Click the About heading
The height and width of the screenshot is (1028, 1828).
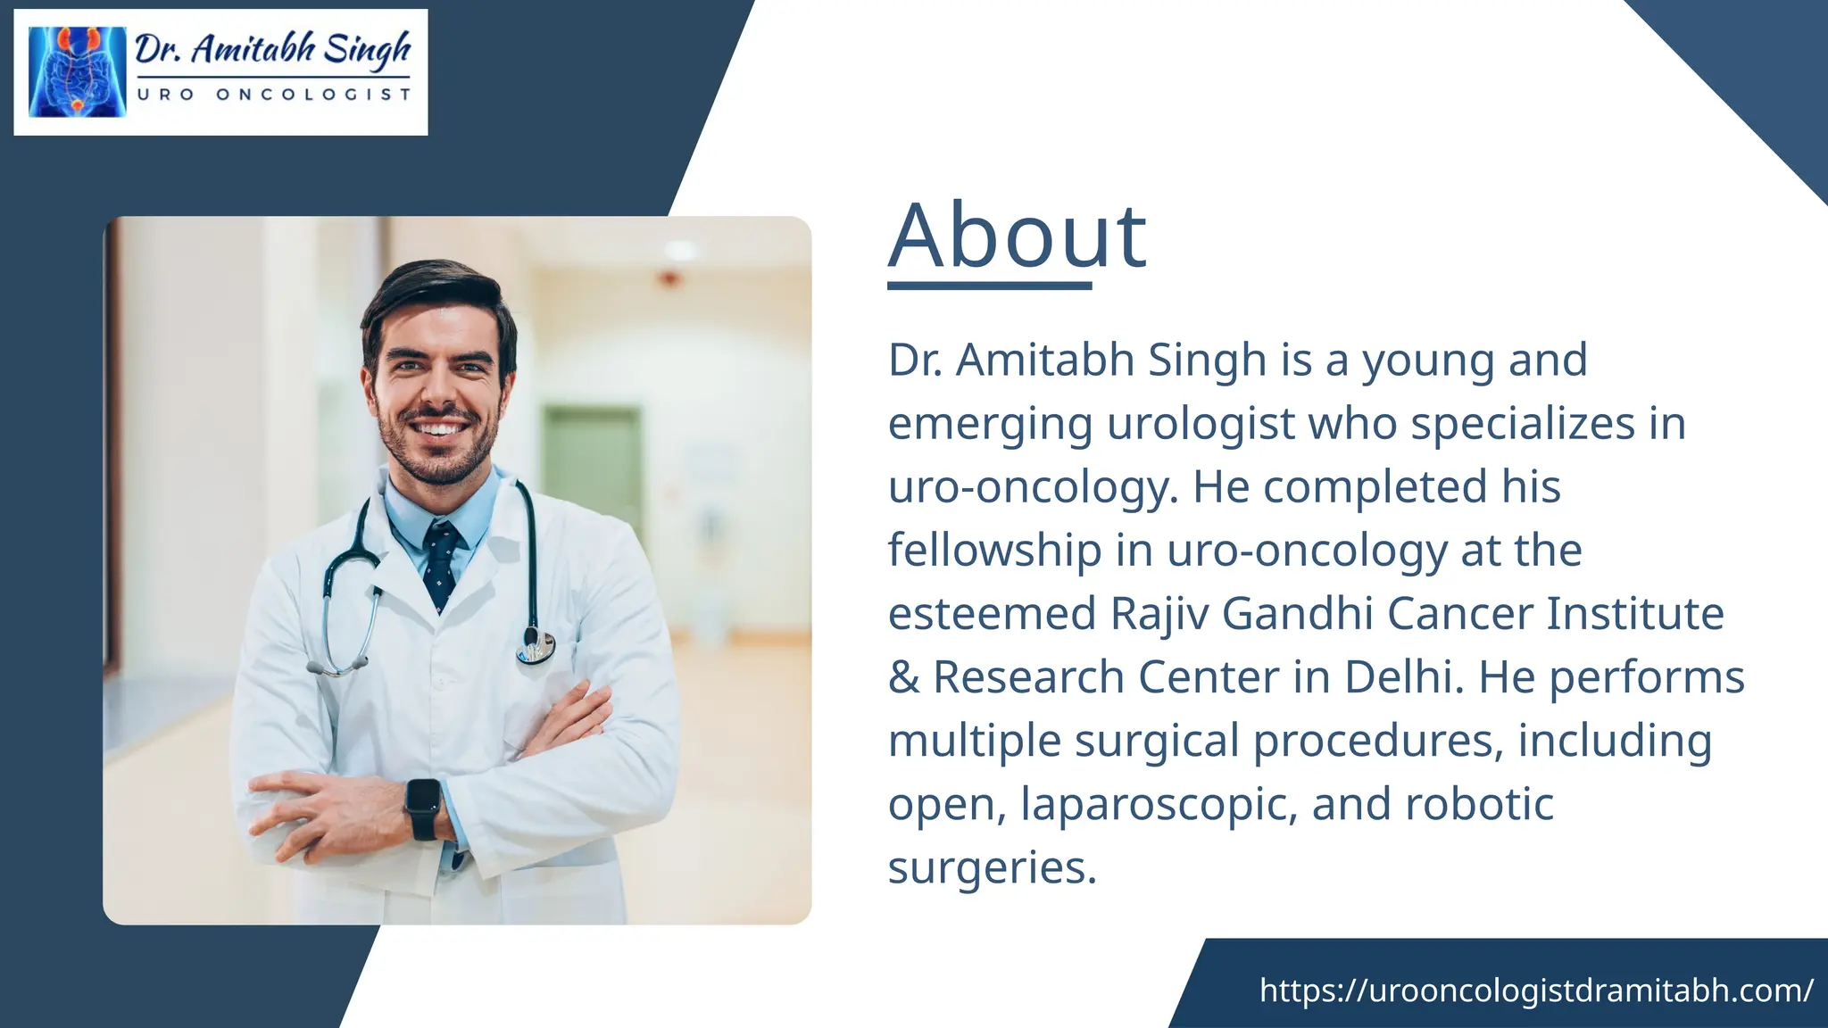(x=1018, y=236)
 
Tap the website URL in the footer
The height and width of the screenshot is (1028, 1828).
(x=1536, y=990)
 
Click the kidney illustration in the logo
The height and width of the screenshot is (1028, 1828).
(x=78, y=72)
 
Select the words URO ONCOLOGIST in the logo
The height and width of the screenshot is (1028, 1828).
(x=273, y=95)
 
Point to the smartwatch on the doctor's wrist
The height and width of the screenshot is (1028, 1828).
(x=423, y=808)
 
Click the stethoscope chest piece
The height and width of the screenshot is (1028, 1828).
(x=536, y=646)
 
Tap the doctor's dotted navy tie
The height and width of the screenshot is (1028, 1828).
(x=441, y=562)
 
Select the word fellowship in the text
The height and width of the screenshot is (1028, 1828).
(x=994, y=551)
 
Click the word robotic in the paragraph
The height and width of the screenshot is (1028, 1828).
(x=1479, y=804)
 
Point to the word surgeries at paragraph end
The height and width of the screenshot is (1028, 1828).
(x=991, y=867)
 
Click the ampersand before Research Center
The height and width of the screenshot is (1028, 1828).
(x=903, y=677)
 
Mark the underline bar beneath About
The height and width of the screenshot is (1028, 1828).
(x=989, y=286)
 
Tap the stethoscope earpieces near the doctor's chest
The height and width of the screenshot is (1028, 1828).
(x=337, y=666)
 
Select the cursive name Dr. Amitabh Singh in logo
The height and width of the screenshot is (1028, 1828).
(x=273, y=49)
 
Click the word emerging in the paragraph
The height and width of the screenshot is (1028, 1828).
(x=990, y=424)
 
